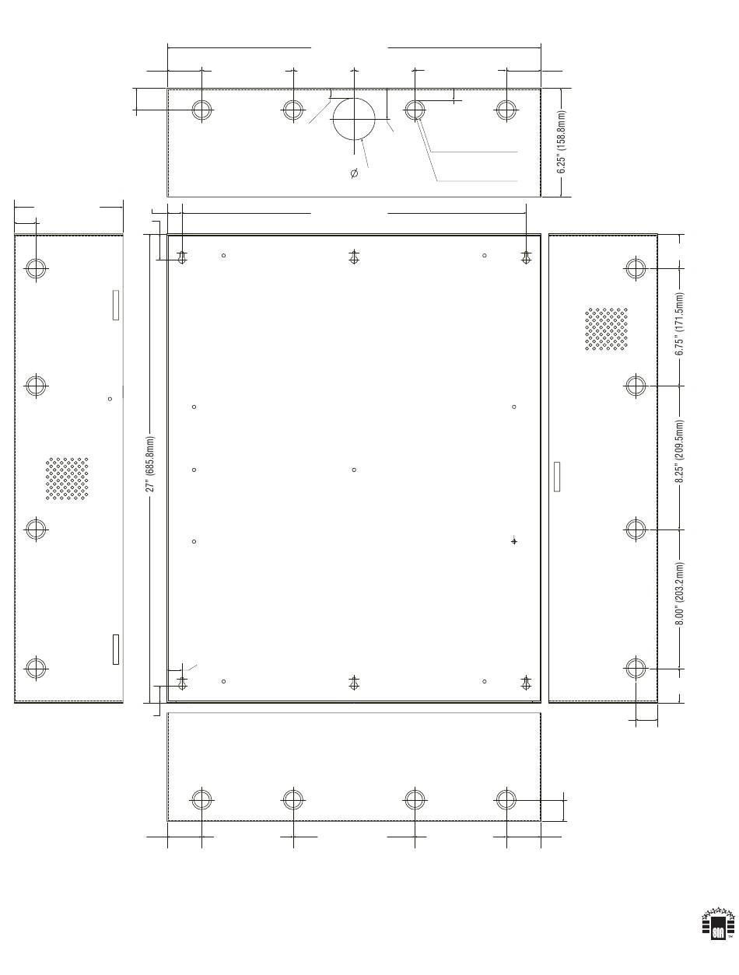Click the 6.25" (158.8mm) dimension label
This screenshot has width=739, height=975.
(562, 142)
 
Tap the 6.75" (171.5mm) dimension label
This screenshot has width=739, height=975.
(679, 323)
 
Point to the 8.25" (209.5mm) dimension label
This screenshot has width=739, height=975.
(679, 451)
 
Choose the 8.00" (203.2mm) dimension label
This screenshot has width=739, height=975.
(679, 593)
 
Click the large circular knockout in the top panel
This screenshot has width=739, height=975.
(354, 119)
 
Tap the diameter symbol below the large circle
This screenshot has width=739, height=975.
(354, 173)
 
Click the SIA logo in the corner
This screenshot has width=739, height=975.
(717, 924)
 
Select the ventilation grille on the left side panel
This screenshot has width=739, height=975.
(67, 478)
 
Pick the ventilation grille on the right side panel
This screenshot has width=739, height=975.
(606, 329)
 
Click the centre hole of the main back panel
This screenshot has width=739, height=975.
(354, 470)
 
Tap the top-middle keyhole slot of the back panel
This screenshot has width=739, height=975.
(354, 257)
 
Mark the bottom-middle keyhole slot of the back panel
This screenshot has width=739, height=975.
(354, 683)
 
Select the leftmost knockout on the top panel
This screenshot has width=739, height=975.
(201, 110)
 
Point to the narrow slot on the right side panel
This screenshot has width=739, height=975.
(557, 477)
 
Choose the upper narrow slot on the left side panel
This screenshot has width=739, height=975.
(116, 305)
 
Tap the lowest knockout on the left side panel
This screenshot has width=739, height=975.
(36, 668)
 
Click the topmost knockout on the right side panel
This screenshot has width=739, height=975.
(636, 268)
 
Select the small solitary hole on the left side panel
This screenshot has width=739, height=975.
(110, 399)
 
